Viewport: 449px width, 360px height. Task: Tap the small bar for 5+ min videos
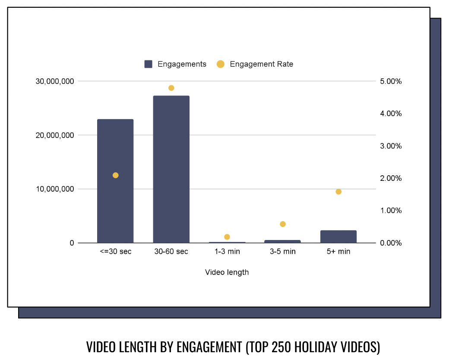point(338,237)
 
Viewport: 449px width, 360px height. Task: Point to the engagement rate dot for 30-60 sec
point(171,88)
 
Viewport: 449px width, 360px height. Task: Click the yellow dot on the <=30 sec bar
point(115,175)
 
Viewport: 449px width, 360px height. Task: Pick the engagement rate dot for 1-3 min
point(227,237)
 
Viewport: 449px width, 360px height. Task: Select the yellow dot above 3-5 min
point(283,224)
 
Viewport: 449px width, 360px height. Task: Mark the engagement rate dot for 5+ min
point(338,192)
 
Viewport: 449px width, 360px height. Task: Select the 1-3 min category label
point(227,251)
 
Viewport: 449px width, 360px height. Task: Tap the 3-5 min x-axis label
point(283,251)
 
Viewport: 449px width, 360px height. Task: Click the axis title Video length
point(227,272)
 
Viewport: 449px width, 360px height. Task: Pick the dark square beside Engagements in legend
point(149,64)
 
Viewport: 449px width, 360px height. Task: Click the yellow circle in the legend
point(221,64)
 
